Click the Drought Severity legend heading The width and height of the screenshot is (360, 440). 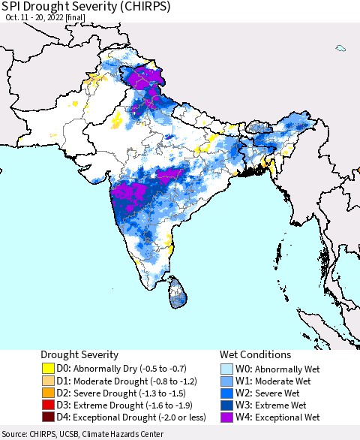click(x=80, y=354)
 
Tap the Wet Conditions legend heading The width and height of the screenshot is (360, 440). click(x=254, y=354)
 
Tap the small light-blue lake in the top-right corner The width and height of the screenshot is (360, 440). click(x=340, y=49)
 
